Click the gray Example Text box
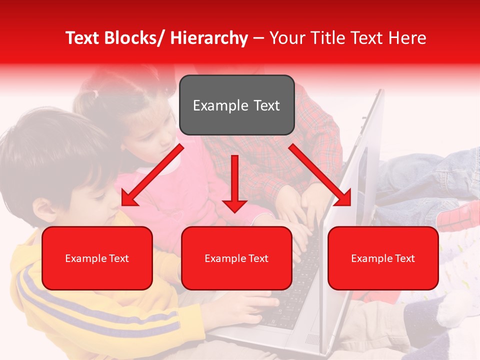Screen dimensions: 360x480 236,105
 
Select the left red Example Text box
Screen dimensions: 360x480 97,258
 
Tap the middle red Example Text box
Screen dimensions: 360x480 236,258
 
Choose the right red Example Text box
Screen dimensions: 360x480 383,258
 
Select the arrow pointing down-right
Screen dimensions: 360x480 320,175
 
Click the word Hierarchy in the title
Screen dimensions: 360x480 209,38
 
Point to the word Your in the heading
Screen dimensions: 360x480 287,38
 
